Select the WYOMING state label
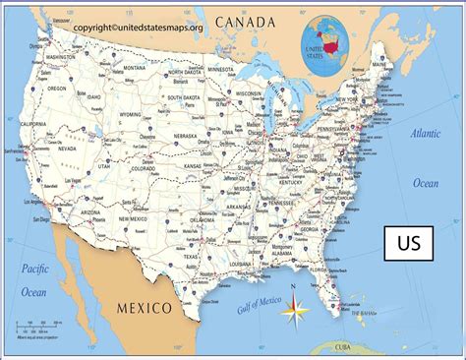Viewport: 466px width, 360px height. point(131,113)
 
